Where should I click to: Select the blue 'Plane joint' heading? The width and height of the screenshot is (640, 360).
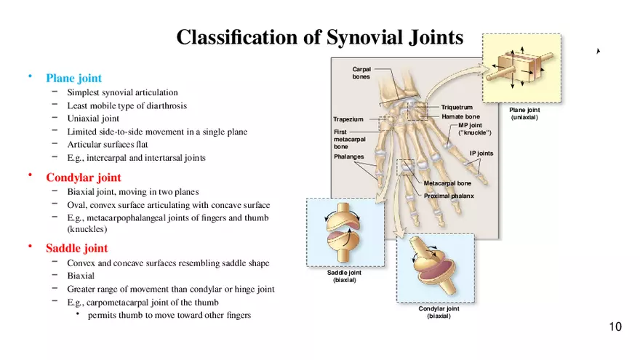[73, 78]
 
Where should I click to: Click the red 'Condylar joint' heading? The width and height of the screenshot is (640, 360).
[84, 177]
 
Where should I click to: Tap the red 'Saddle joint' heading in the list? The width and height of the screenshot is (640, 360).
[77, 248]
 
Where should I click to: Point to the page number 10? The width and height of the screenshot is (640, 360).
[615, 327]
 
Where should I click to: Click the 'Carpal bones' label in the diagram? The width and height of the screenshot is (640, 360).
[361, 73]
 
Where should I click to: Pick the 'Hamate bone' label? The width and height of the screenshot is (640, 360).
[460, 116]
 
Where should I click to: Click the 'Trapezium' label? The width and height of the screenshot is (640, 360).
[348, 119]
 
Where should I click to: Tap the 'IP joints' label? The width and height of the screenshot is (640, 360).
[481, 153]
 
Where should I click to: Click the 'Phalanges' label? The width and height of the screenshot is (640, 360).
[348, 156]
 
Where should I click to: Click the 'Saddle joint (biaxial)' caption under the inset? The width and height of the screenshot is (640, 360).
[344, 276]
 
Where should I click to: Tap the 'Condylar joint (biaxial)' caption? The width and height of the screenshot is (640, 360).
[439, 312]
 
